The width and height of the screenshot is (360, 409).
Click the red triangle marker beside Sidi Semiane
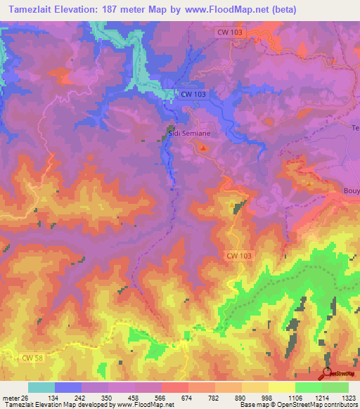pos(204,148)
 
